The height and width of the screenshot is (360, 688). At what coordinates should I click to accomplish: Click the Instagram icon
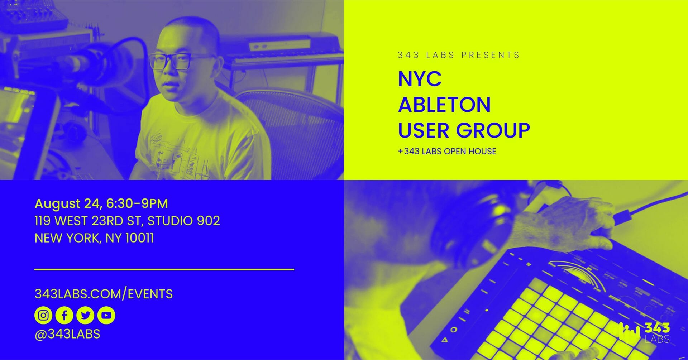pos(43,315)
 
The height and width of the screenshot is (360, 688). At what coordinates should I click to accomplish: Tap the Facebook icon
pos(64,315)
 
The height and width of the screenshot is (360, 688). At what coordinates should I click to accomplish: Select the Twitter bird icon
pos(85,315)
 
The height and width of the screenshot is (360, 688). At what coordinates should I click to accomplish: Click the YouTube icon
pos(106,315)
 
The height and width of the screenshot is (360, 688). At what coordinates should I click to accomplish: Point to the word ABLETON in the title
pos(444,105)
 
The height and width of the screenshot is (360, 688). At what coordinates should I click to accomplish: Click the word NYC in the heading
pos(420,79)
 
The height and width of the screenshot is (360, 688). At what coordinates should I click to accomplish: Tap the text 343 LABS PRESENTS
pos(458,55)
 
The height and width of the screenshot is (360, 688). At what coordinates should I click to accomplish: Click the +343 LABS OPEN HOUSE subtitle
pos(447,151)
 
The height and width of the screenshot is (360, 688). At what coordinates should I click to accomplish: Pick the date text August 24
pos(67,204)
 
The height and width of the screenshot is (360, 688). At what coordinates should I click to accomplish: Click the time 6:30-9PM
pos(137,203)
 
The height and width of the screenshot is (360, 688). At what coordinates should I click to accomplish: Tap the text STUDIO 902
pos(184,221)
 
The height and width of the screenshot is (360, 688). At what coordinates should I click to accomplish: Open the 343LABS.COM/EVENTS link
pos(104,294)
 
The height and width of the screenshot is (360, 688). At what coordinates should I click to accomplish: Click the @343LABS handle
pos(67,334)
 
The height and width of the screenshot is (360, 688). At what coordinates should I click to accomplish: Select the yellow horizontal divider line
pos(164,269)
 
